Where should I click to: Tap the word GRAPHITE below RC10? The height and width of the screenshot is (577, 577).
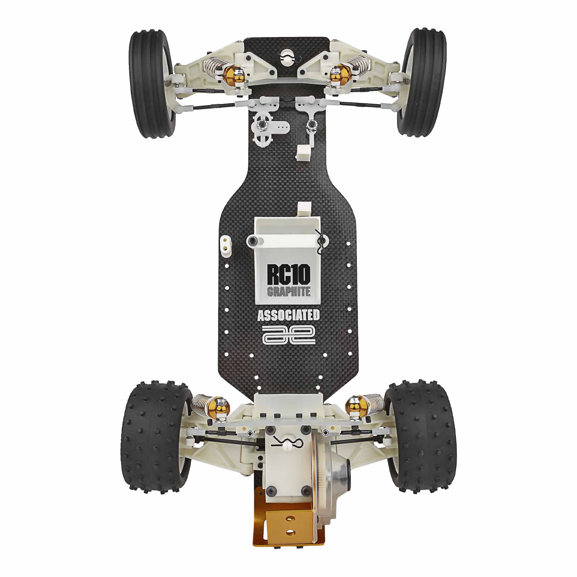pyautogui.click(x=288, y=291)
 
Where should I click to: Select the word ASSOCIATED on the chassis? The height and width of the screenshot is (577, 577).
pyautogui.click(x=288, y=315)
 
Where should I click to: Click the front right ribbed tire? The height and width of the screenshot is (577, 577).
pyautogui.click(x=421, y=83)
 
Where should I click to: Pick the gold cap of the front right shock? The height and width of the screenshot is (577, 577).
pyautogui.click(x=341, y=73)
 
